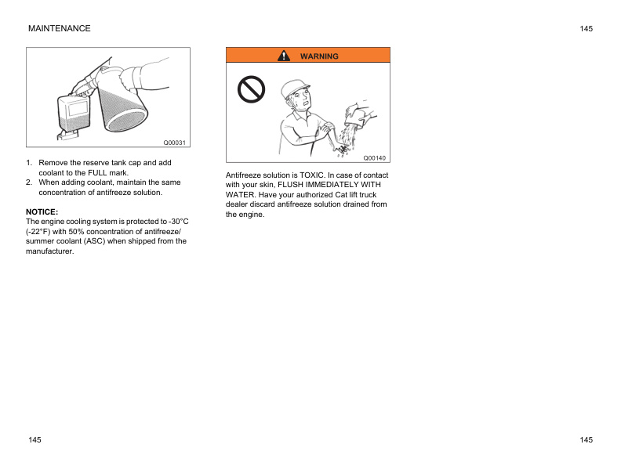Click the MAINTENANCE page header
point(59,28)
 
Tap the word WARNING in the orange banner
point(319,56)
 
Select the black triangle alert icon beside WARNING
point(285,56)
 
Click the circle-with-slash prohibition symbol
point(252,92)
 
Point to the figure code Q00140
point(374,157)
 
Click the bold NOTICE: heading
point(42,211)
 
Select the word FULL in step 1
point(98,172)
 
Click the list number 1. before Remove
point(30,162)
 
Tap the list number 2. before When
point(30,182)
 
